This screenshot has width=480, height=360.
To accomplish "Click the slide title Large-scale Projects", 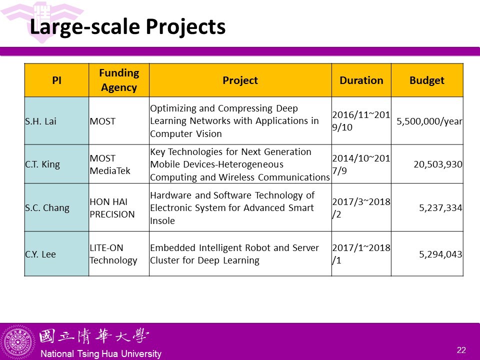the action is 127,27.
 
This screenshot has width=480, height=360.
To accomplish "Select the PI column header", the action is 56,80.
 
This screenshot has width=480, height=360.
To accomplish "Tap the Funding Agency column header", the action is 119,80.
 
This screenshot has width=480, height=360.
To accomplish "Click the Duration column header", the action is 361,80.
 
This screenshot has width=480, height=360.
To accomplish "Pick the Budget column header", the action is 426,80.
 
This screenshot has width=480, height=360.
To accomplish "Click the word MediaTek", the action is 110,171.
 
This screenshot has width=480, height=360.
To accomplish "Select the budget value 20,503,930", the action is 438,164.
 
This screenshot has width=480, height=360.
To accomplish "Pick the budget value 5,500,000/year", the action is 429,121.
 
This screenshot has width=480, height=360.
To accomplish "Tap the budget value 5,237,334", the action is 440,208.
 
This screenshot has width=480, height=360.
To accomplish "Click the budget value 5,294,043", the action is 440,254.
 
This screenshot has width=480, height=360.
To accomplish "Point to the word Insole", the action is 162,220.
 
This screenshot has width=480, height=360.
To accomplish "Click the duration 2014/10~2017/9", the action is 361,164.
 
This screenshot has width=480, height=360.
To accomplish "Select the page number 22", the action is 461,350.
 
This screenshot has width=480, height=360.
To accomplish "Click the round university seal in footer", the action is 18,342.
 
